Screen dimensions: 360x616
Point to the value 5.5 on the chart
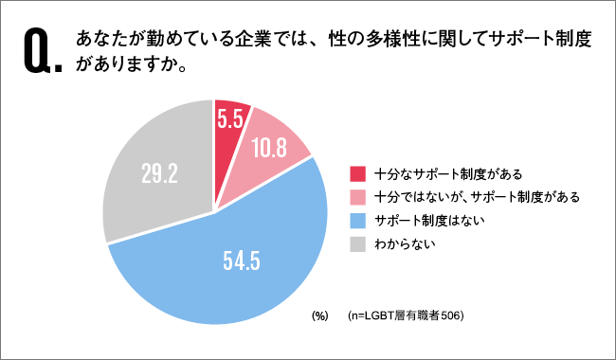click(231, 120)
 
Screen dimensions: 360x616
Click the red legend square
click(357, 173)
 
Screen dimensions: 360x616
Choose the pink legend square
click(357, 196)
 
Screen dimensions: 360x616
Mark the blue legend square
click(357, 220)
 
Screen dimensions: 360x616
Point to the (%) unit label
click(319, 315)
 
